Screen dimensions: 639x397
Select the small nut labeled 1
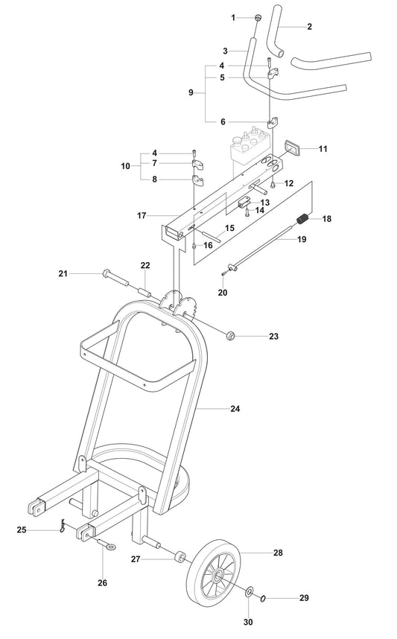click(257, 18)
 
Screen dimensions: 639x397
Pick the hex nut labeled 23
click(230, 337)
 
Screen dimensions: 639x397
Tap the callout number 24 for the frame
click(235, 408)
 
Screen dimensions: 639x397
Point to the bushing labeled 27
click(180, 557)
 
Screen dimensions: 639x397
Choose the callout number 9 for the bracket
click(191, 92)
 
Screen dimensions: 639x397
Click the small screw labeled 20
click(223, 273)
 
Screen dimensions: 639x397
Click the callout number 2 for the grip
click(308, 26)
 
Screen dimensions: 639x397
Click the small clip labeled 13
click(243, 202)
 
